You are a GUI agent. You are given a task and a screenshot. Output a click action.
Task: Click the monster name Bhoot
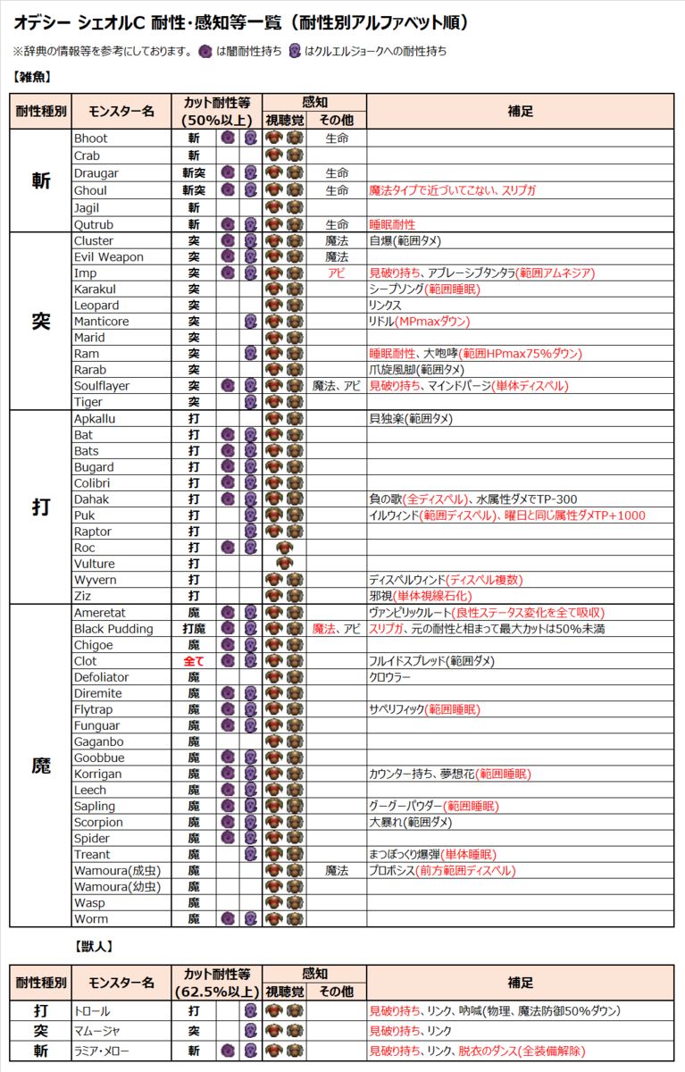[90, 139]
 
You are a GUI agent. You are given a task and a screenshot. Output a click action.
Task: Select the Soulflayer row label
[101, 386]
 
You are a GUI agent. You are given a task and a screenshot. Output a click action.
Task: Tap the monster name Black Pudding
[113, 629]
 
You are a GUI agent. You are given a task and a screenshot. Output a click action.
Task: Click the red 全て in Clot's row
[194, 661]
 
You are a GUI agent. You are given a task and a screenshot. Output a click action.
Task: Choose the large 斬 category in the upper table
[41, 180]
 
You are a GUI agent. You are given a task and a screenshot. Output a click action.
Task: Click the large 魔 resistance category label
[41, 766]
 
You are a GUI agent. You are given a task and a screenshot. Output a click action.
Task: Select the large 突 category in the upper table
[41, 322]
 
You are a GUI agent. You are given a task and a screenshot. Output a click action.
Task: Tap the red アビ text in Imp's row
[336, 273]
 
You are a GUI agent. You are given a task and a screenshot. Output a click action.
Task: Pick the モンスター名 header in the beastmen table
[121, 983]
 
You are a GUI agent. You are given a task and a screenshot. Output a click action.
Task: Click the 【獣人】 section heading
[93, 944]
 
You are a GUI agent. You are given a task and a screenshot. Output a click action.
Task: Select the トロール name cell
[92, 1011]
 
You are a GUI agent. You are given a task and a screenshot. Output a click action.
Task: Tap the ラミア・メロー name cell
[106, 1051]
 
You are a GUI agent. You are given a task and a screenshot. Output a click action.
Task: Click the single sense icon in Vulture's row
[285, 564]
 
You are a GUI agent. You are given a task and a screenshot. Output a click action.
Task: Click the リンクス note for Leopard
[385, 306]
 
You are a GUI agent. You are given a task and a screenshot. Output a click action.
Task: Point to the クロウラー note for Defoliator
[390, 677]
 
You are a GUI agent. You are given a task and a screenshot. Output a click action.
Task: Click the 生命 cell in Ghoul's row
[336, 191]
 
